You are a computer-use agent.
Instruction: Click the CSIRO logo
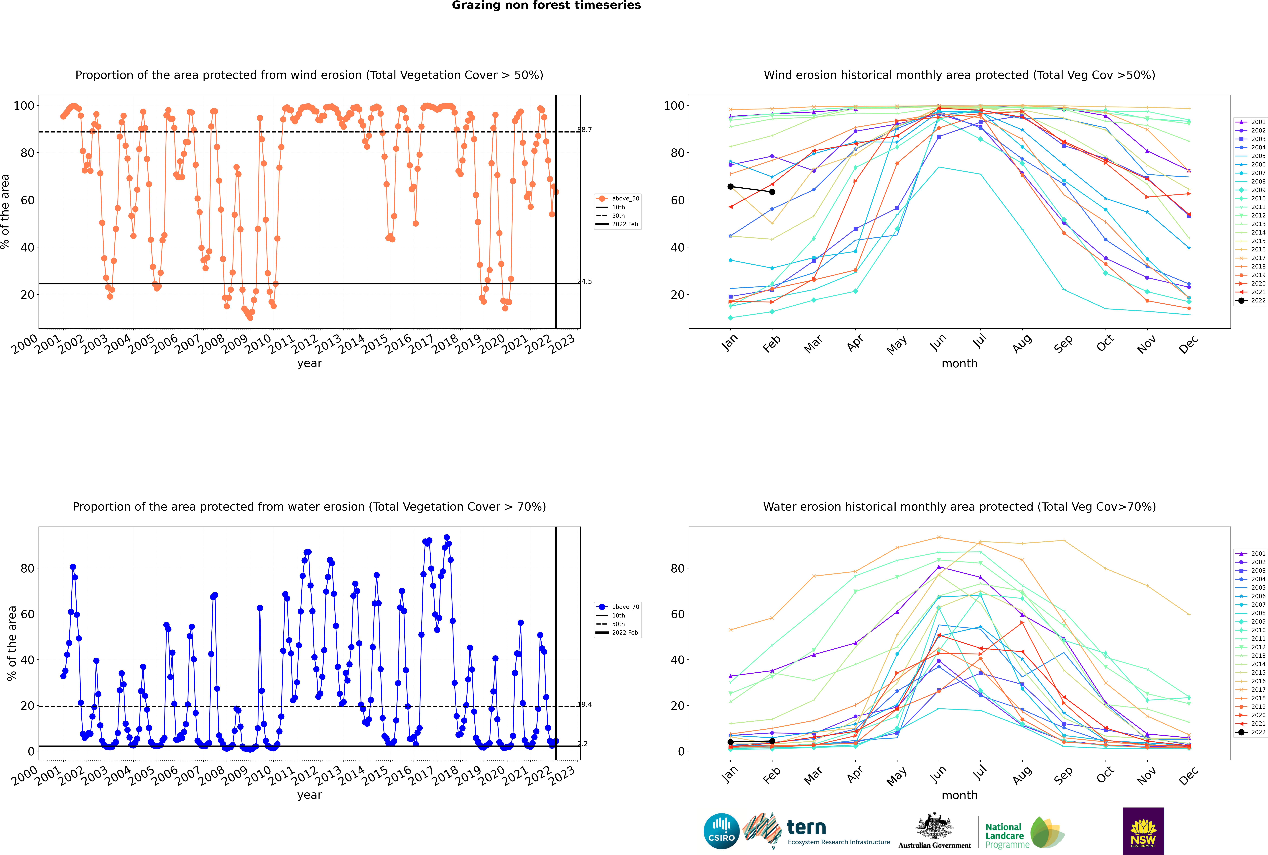pos(721,831)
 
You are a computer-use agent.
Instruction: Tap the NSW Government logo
pos(1143,831)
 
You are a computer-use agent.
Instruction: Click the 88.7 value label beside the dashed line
pos(584,130)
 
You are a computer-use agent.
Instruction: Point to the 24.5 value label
pos(584,281)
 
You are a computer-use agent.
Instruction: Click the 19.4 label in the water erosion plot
pos(584,705)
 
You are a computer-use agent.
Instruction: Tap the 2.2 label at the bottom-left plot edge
pos(583,744)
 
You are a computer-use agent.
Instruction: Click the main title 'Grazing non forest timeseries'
pos(546,5)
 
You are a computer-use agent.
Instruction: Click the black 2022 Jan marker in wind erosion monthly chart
pos(731,186)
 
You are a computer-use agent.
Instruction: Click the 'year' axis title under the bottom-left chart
pos(310,795)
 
